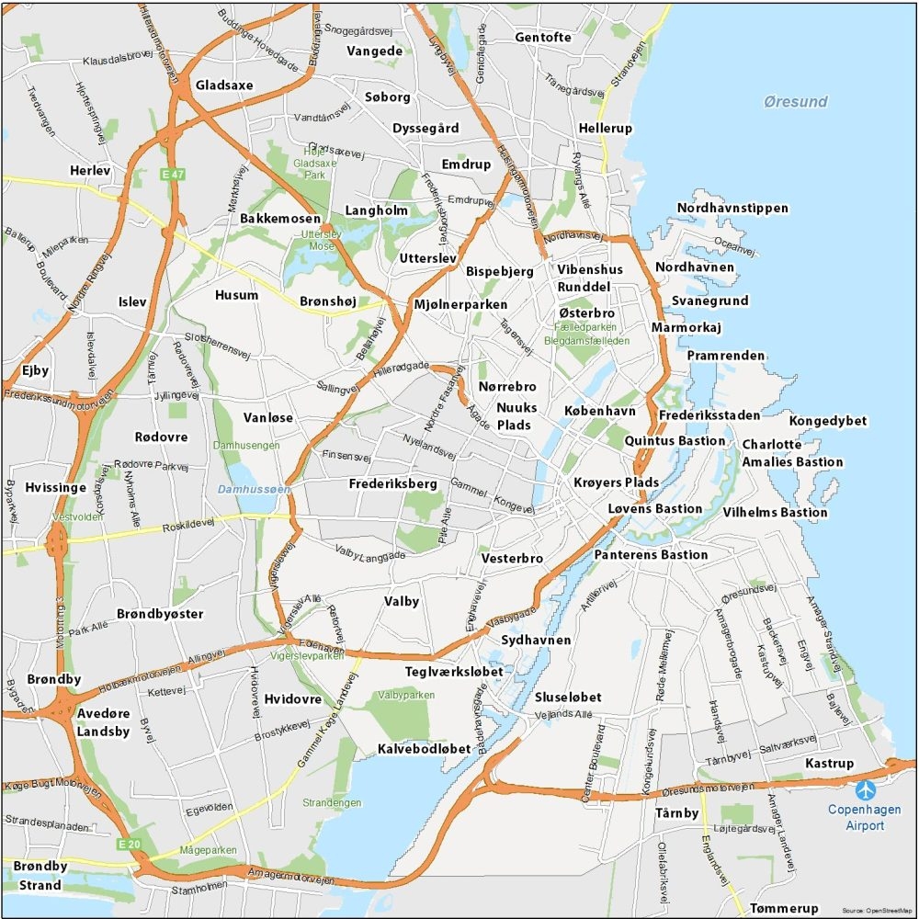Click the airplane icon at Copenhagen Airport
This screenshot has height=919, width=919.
[x=865, y=790]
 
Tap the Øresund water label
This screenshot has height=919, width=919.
[x=795, y=102]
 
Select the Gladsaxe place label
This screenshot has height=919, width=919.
[x=224, y=85]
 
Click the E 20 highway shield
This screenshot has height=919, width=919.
[x=127, y=844]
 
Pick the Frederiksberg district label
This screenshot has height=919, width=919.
[x=392, y=484]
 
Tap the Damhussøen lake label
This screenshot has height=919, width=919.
[x=255, y=490]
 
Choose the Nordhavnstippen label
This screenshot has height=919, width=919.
[x=732, y=209]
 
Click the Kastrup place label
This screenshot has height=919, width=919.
[x=829, y=764]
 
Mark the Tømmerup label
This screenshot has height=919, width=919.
[x=784, y=908]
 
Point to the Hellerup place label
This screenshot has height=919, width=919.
[x=606, y=129]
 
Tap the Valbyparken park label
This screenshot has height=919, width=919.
[x=405, y=696]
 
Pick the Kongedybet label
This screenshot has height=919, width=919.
[x=828, y=421]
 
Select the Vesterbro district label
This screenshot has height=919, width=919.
[x=512, y=559]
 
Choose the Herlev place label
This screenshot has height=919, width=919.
[x=90, y=171]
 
